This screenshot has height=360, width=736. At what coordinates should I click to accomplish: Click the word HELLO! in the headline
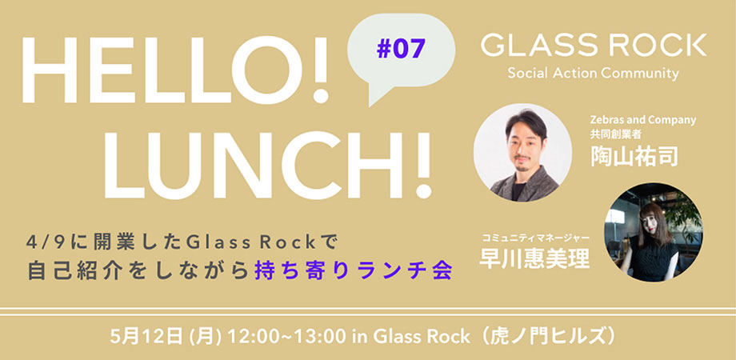click(175, 70)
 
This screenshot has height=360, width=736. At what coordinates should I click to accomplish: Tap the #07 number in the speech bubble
click(400, 48)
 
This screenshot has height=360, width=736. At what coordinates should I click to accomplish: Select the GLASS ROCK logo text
click(594, 45)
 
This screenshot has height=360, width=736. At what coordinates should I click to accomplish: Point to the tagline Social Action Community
click(593, 74)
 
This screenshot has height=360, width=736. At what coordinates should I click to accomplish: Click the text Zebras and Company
click(643, 120)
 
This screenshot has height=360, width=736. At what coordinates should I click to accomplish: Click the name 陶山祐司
click(634, 156)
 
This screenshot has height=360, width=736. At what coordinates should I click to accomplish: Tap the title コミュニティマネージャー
click(535, 238)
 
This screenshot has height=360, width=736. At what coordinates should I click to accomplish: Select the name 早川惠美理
click(534, 258)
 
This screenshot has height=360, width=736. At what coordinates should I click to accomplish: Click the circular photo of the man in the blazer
click(522, 153)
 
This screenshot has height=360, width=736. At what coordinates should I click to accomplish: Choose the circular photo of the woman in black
click(654, 232)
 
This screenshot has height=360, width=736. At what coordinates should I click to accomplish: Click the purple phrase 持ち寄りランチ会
click(353, 272)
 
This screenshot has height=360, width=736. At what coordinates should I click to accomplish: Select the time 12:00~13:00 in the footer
click(287, 337)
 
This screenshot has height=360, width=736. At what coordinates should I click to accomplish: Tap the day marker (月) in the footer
click(202, 337)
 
